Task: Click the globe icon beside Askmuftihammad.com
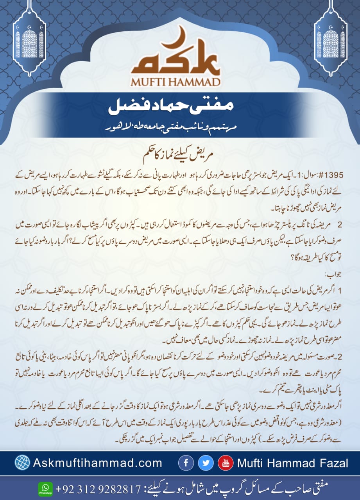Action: coord(22,463)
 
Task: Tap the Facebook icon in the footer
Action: coord(186,463)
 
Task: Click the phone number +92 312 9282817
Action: coord(98,488)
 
